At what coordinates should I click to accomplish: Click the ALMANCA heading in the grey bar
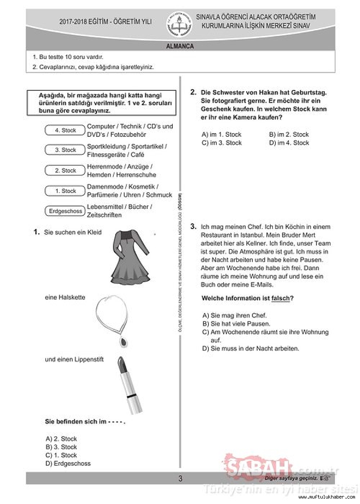180,46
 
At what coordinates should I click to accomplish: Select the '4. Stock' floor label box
65,130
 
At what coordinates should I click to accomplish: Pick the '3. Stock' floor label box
65,150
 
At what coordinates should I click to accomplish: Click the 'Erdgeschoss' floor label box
65,211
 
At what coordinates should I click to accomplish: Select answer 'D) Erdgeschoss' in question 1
68,463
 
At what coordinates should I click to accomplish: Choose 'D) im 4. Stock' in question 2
289,143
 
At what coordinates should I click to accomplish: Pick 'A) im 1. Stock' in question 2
221,134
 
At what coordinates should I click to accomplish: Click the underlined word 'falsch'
280,298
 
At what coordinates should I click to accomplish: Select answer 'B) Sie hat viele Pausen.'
236,324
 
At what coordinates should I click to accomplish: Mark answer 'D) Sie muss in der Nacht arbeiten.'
251,348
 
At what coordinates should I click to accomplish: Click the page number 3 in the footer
180,478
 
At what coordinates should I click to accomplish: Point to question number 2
193,92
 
